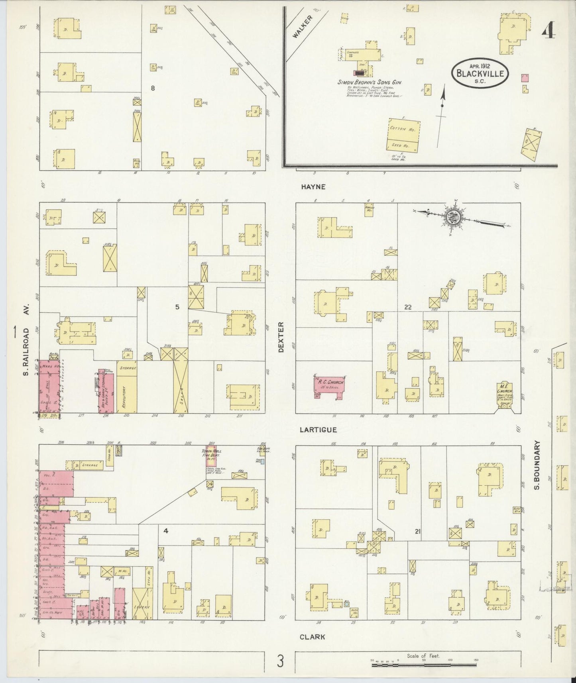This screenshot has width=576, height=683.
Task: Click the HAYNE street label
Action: click(313, 186)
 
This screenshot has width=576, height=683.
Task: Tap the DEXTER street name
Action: click(281, 337)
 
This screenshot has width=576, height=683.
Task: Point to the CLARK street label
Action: click(312, 637)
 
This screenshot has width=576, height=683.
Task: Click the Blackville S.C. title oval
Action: click(480, 73)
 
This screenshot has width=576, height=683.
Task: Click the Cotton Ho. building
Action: click(404, 135)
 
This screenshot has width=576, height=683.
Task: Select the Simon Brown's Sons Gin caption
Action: click(370, 82)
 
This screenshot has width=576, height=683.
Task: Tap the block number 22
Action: click(407, 307)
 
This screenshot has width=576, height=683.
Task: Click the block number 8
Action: click(152, 87)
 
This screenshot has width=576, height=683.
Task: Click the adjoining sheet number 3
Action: click(281, 661)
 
